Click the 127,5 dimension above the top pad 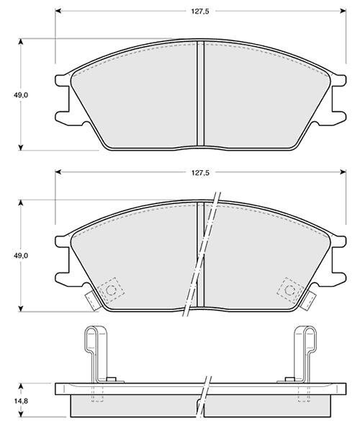click(x=200, y=12)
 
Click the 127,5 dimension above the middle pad click(x=200, y=173)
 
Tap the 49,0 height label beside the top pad click(x=21, y=95)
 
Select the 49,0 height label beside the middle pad click(x=21, y=256)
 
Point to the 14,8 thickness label click(x=21, y=401)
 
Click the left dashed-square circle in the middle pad click(x=111, y=290)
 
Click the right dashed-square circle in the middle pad click(x=290, y=290)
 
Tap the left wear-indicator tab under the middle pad click(x=92, y=301)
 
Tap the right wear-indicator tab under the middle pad click(x=308, y=301)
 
